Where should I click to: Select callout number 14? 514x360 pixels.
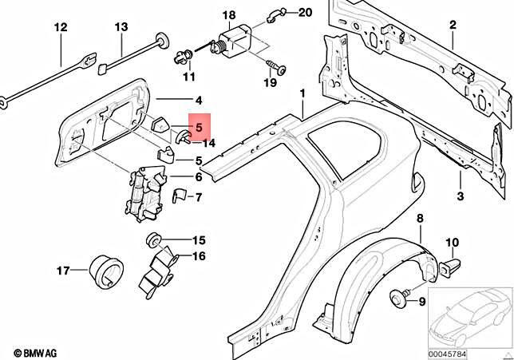pos(209,143)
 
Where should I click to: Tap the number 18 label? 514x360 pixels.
pos(229,15)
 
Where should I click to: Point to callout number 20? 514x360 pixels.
pos(283,13)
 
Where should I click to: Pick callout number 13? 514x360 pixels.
pos(121,28)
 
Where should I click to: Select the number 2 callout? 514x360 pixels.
pos(452,26)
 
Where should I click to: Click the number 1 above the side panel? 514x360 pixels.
pos(302,94)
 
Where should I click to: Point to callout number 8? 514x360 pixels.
pos(420,219)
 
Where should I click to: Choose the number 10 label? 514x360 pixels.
pos(452,242)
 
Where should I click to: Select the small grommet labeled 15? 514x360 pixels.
pos(152,240)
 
